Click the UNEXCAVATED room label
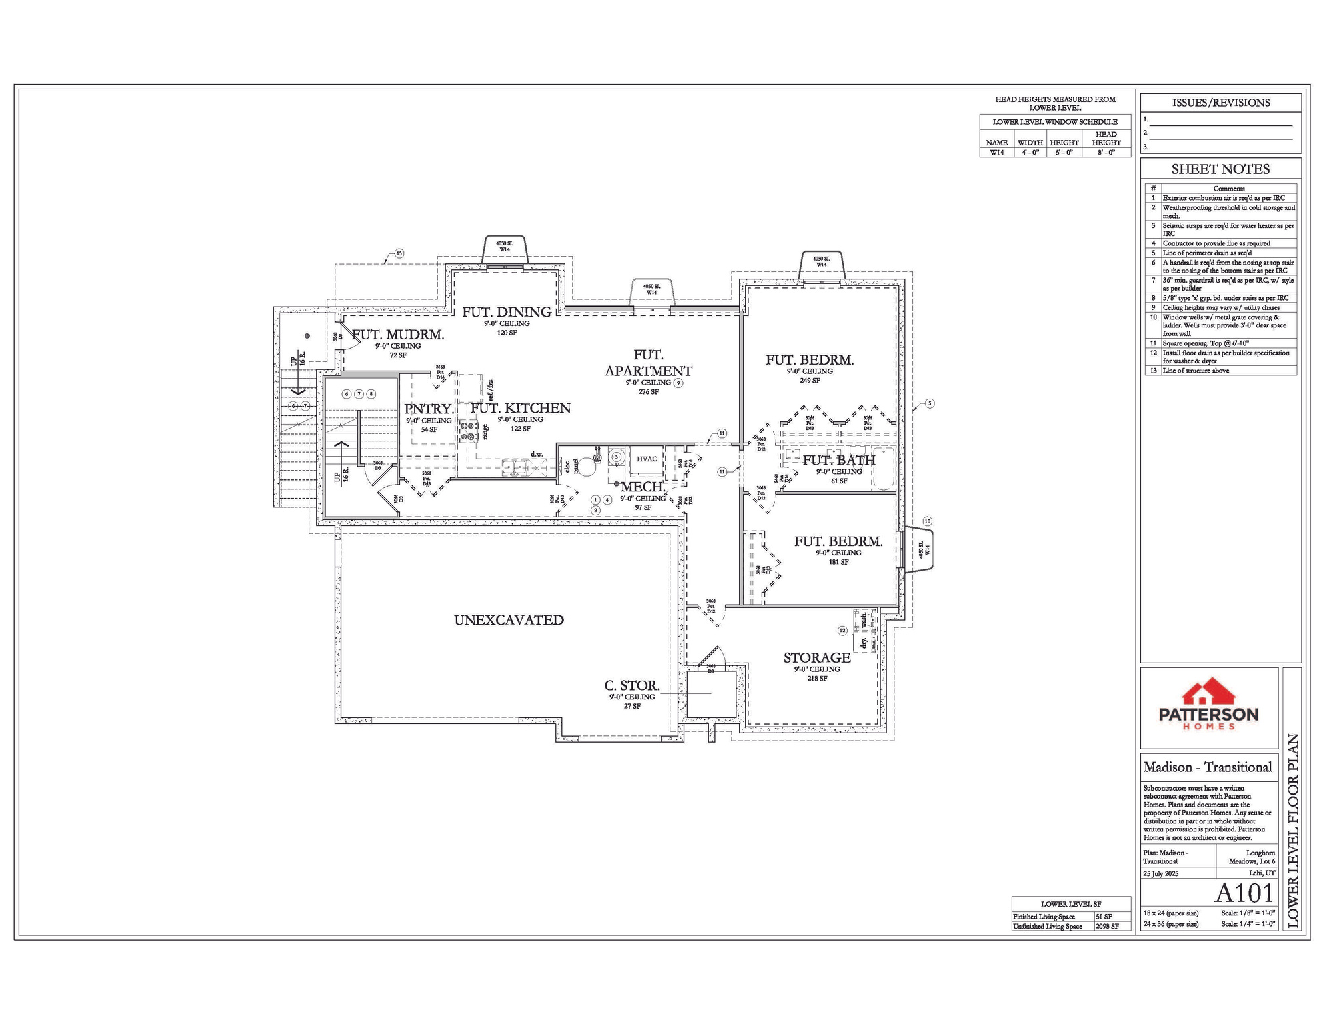coord(509,620)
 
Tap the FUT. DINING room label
coord(507,312)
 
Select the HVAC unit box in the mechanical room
coord(646,459)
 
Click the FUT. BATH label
coord(838,460)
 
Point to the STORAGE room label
coord(817,658)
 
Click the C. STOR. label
coord(631,685)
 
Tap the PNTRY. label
coord(428,409)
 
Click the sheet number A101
coord(1244,893)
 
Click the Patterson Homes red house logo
coord(1208,693)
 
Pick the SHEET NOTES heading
coord(1220,169)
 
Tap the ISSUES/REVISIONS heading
coord(1220,103)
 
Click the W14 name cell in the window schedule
coord(996,153)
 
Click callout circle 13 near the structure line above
coord(399,253)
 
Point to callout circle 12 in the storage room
coord(842,630)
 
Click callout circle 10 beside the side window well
coord(927,521)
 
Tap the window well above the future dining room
coord(505,251)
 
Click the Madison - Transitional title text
coord(1208,767)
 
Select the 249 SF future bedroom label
coord(810,381)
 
